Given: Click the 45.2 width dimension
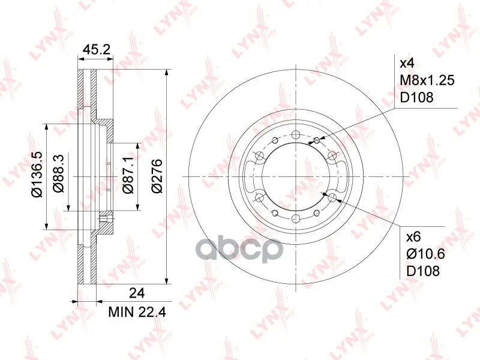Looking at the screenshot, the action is (97, 49).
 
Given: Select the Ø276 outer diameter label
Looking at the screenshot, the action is (157, 176).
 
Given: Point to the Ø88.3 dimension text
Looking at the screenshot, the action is (58, 173).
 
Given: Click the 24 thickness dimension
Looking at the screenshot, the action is (137, 293).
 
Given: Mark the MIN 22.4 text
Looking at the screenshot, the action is (137, 312).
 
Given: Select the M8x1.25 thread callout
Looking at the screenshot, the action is (427, 80).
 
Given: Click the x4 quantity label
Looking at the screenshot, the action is (407, 64).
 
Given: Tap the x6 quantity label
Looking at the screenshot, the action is (413, 236).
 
